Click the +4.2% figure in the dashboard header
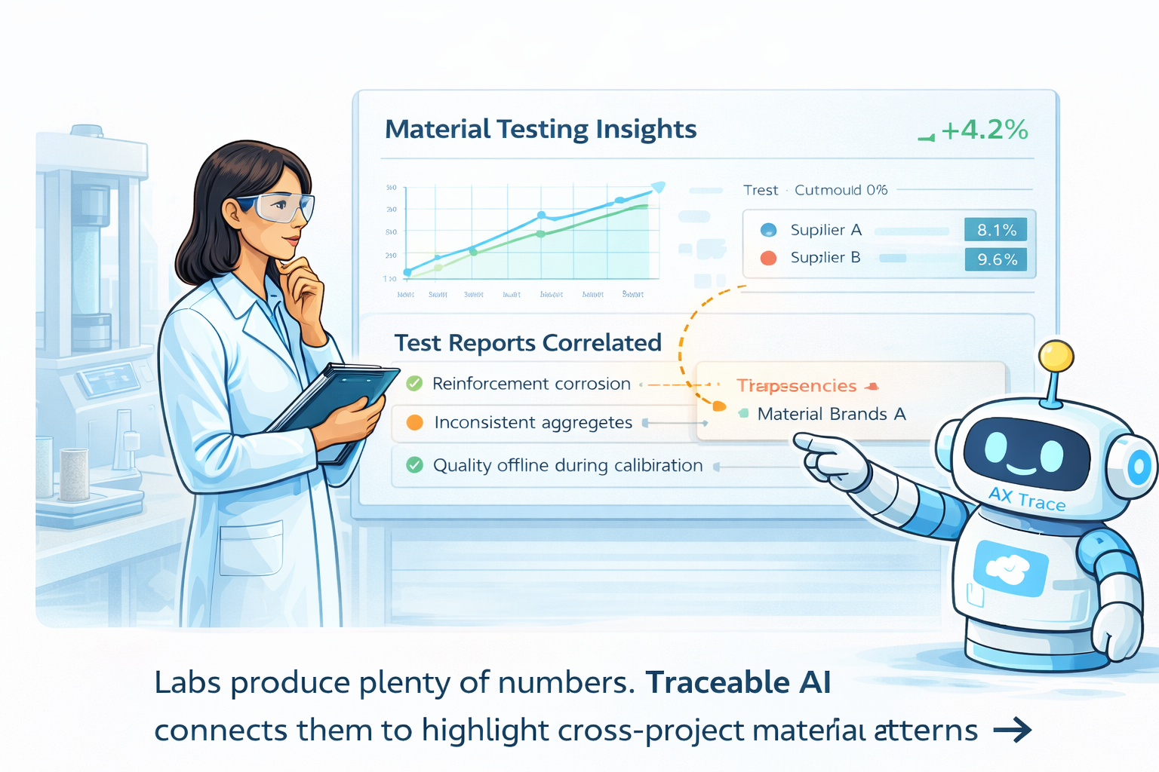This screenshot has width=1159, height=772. (984, 130)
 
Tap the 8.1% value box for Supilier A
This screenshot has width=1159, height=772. (995, 230)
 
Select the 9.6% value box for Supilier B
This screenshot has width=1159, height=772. (996, 259)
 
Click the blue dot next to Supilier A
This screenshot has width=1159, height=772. (768, 230)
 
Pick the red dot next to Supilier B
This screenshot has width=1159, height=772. (768, 258)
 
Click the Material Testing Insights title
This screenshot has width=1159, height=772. (540, 129)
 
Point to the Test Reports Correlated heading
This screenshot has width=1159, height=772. (527, 343)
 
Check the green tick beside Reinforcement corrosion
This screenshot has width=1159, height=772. (414, 383)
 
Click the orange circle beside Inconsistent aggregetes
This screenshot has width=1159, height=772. (414, 422)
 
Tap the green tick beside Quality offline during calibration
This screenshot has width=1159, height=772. (414, 465)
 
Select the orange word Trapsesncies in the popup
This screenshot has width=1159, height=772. (796, 386)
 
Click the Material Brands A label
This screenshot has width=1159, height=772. (831, 414)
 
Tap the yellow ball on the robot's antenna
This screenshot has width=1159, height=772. (1056, 356)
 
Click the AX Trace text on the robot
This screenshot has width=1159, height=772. (1027, 499)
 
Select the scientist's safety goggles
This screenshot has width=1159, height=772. (279, 206)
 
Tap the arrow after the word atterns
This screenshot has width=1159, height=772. (1013, 730)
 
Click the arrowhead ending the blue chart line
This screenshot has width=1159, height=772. (658, 186)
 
